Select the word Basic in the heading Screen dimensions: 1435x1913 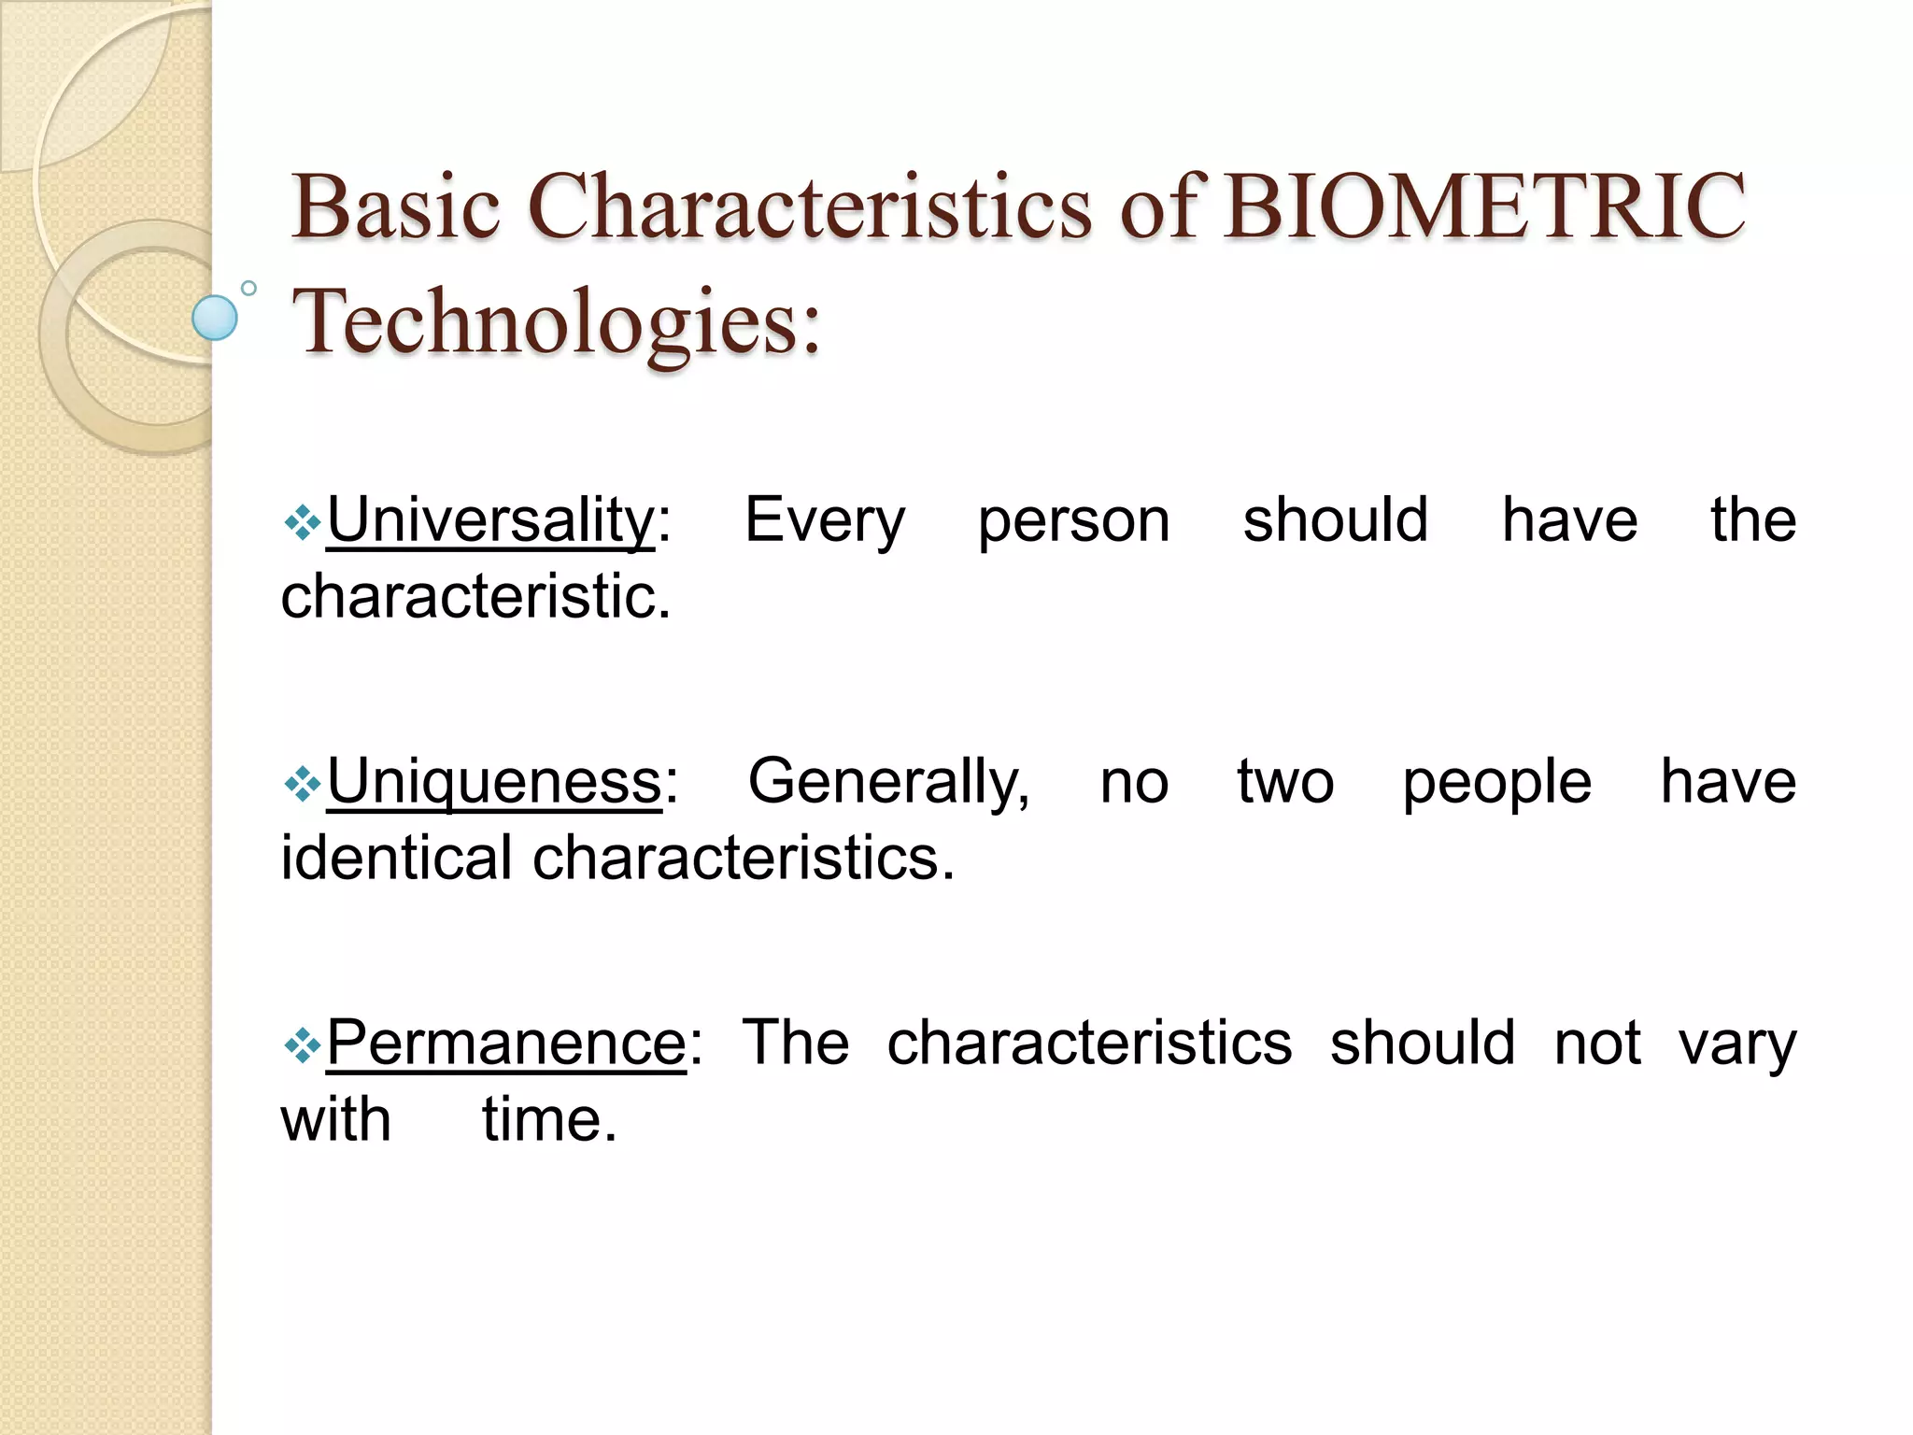point(396,206)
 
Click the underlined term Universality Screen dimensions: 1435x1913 point(490,520)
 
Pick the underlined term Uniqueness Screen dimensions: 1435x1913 point(494,782)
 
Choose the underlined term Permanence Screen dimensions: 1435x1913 point(506,1043)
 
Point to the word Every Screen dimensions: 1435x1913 point(824,520)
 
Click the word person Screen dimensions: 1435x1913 point(1073,520)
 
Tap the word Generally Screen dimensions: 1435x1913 point(888,782)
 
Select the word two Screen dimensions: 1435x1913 point(1285,782)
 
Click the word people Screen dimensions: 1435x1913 point(1496,782)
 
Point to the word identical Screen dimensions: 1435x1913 point(396,858)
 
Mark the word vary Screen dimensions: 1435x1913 point(1737,1043)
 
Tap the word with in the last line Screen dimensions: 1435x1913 point(335,1119)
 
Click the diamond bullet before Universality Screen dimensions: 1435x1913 point(303,523)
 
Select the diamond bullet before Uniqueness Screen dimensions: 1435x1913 point(303,785)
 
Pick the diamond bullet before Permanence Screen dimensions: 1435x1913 point(303,1045)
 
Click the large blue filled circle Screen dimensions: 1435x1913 point(215,318)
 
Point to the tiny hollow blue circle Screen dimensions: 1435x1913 point(248,288)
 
